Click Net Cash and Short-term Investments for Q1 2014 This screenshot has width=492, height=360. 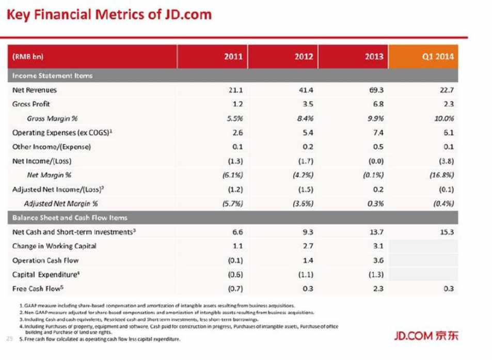[447, 232]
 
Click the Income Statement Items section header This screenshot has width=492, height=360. [52, 75]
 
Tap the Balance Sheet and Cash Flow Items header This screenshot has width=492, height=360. [70, 217]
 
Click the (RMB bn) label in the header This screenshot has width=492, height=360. [26, 57]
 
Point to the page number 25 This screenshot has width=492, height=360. [9, 339]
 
